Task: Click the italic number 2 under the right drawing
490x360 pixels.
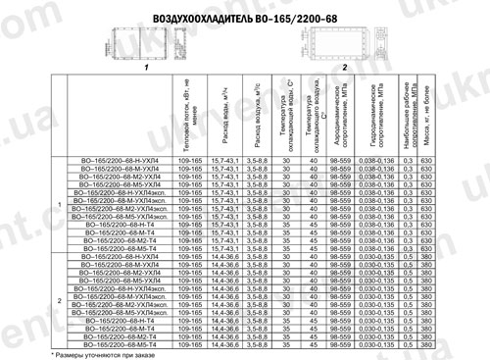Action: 344,70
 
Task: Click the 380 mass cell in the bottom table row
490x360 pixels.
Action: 426,344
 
